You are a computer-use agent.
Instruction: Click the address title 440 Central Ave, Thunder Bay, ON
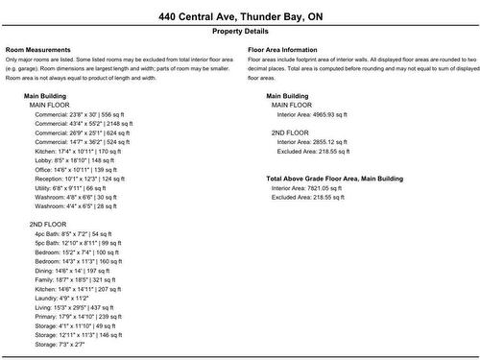click(240, 16)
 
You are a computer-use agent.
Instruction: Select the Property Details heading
click(240, 32)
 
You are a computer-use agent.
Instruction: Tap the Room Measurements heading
click(37, 48)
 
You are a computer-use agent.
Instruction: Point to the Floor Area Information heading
click(282, 48)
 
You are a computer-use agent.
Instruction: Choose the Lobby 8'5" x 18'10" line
click(74, 160)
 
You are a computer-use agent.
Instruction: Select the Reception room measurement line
click(80, 179)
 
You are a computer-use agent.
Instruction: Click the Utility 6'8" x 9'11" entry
click(70, 188)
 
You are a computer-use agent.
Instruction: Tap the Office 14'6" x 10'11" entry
click(75, 170)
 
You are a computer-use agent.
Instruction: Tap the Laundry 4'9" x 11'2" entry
click(65, 299)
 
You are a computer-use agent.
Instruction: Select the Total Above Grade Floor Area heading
click(334, 179)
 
